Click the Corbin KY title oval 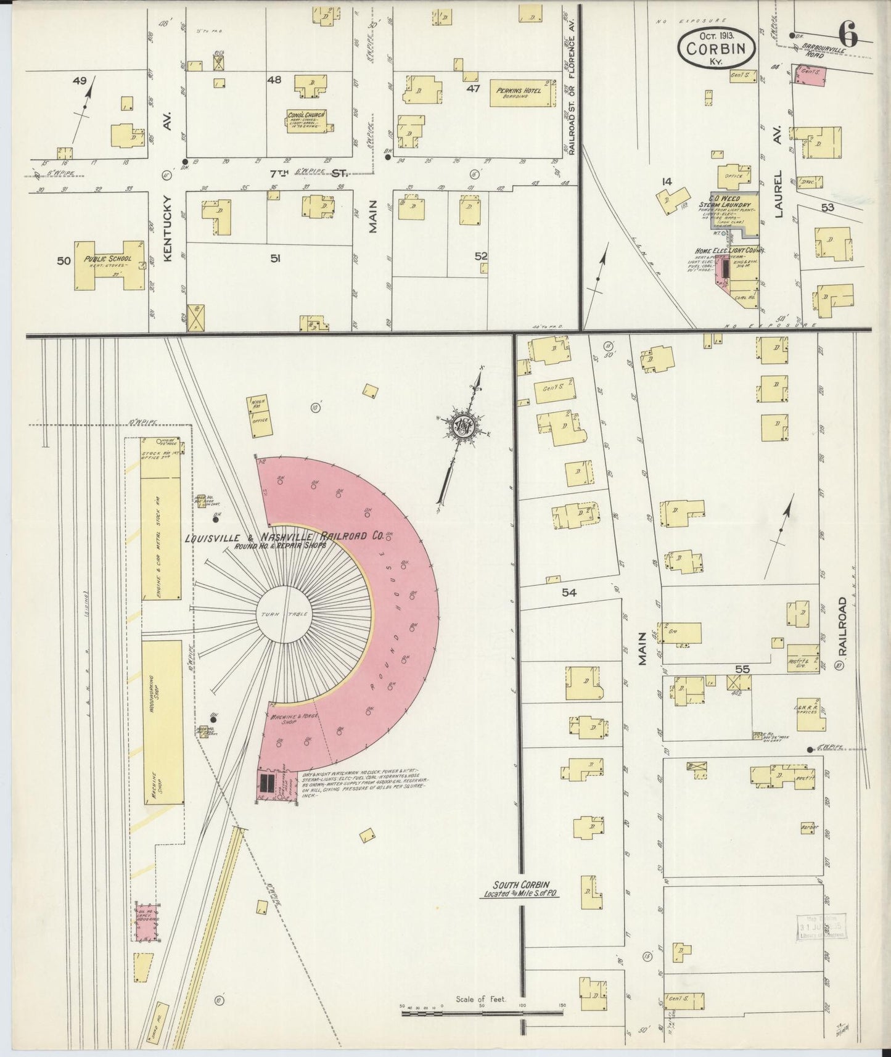717,46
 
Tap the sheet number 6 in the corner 848,35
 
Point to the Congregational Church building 306,121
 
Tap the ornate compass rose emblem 462,426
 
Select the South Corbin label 520,889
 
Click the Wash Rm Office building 260,417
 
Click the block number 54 569,592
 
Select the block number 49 80,80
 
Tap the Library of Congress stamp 821,927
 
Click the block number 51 275,259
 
